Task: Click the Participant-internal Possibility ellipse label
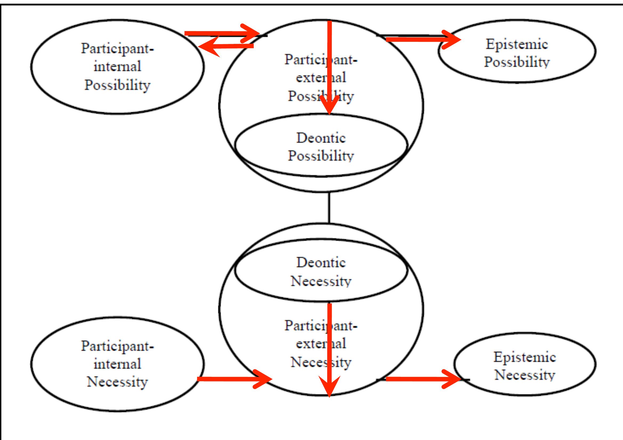tap(117, 67)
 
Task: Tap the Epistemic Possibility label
tap(517, 53)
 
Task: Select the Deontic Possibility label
tap(321, 147)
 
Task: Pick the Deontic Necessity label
tap(321, 272)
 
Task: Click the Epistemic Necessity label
tap(524, 366)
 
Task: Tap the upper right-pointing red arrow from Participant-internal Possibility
tap(220, 33)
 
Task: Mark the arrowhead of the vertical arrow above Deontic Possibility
tap(329, 107)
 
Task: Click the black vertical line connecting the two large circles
tap(329, 207)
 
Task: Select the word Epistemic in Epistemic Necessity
tap(524, 357)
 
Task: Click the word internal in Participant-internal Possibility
tap(117, 67)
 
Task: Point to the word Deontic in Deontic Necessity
tap(321, 263)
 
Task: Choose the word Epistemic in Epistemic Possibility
tap(517, 44)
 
